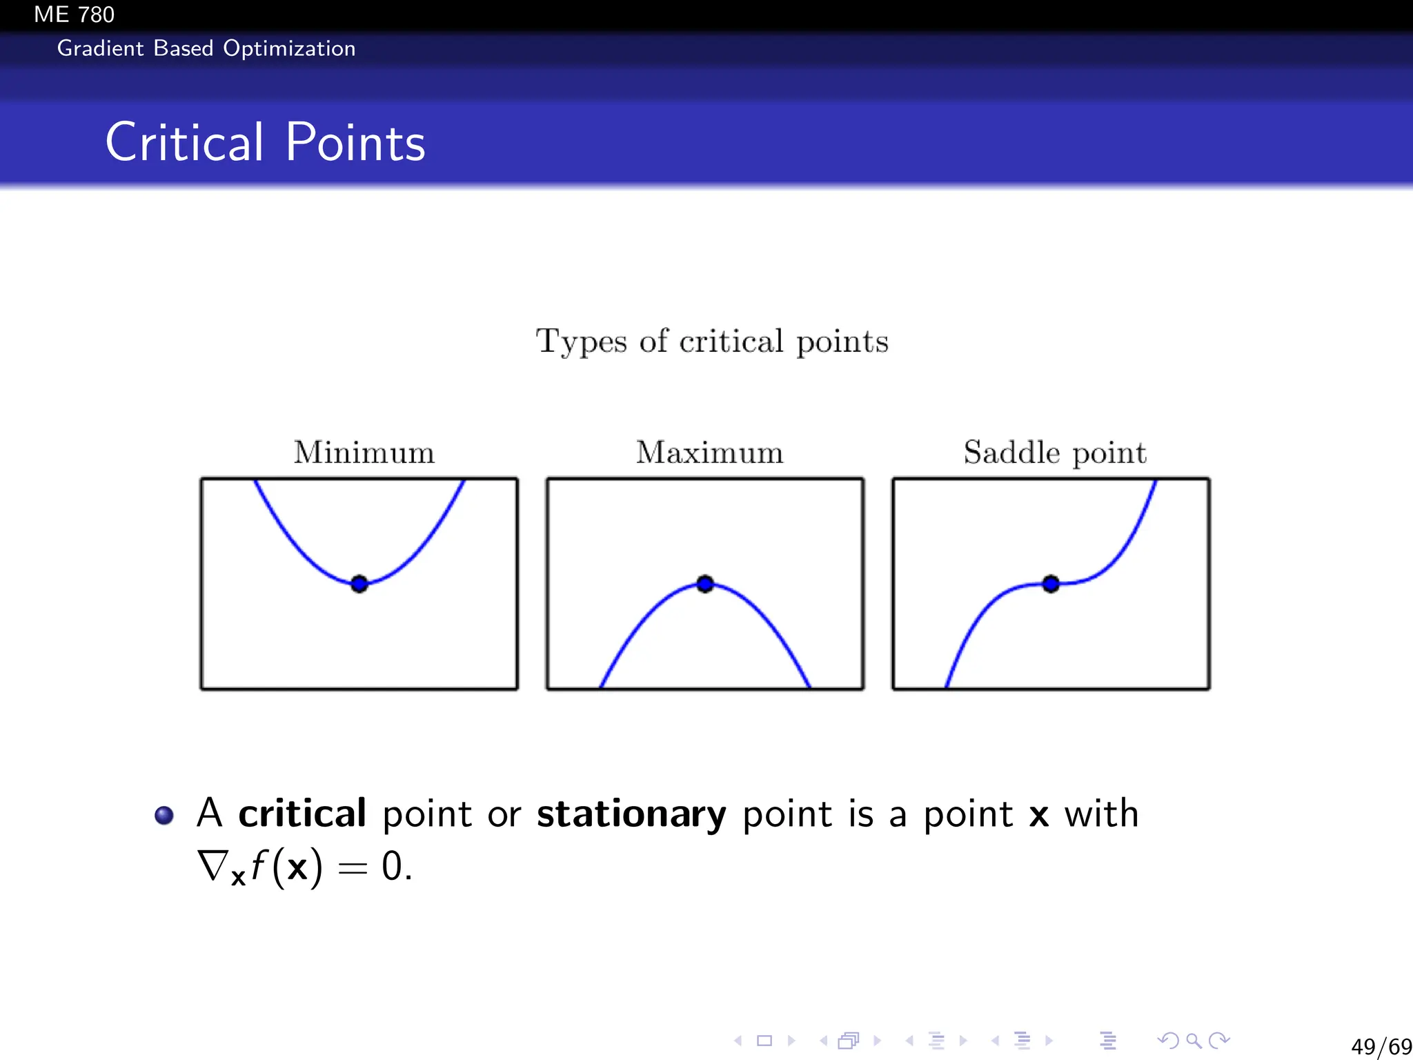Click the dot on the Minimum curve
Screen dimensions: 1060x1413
tap(359, 584)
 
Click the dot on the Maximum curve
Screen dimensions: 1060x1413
tap(704, 584)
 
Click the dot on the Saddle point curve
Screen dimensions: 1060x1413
tap(1051, 584)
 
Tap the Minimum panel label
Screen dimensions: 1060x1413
tap(364, 453)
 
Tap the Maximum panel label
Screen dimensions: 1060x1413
tap(709, 453)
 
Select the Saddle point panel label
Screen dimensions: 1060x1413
tap(1054, 453)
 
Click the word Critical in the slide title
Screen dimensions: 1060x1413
tap(184, 142)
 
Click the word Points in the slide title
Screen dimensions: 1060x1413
tap(355, 142)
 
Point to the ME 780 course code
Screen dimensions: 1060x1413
tap(74, 14)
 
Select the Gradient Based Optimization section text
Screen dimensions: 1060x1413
tap(206, 48)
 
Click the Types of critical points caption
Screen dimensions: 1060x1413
tap(712, 341)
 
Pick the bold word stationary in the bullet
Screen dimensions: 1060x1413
tap(631, 814)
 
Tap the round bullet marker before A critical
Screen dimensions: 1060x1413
tap(164, 815)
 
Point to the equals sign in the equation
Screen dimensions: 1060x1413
tap(353, 868)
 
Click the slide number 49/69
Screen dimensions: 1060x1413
tap(1381, 1046)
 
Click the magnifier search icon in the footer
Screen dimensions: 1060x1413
tap(1194, 1040)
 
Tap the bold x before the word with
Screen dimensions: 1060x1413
tap(1038, 816)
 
